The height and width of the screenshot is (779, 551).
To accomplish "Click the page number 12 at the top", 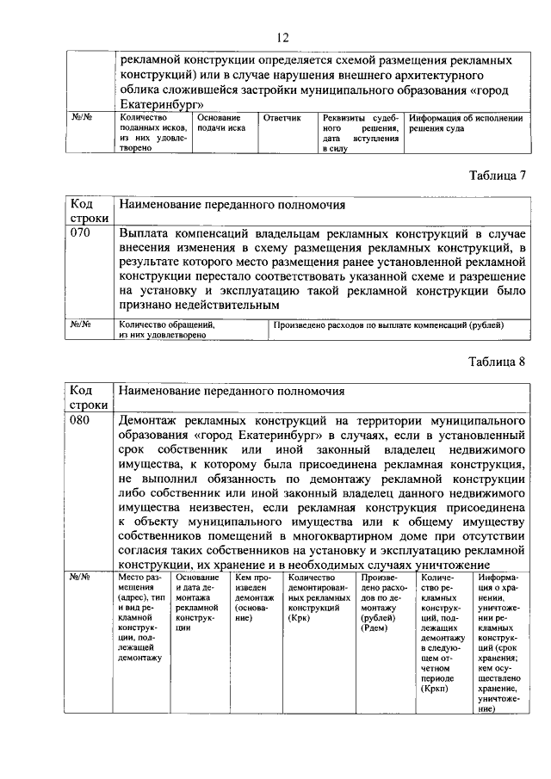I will [282, 37].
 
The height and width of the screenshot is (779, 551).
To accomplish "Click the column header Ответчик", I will [282, 117].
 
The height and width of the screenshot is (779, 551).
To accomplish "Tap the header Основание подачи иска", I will [221, 122].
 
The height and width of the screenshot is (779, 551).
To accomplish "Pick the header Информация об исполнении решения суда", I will [465, 122].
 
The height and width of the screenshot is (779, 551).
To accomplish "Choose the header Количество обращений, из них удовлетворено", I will [166, 330].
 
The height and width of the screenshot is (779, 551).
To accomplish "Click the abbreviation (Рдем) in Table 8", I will [376, 628].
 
